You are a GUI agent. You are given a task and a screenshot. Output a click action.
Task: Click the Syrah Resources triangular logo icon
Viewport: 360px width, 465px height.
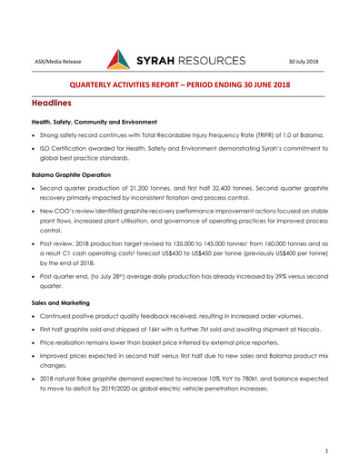click(121, 61)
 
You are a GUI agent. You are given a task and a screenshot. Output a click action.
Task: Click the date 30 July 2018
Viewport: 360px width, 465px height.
click(305, 62)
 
